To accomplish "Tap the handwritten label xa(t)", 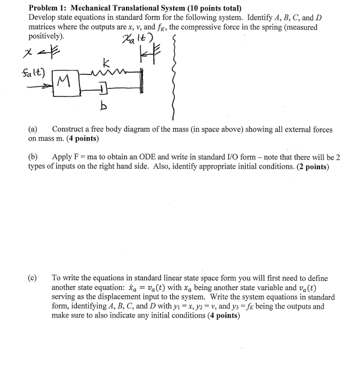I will [137, 40].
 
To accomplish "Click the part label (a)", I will [33, 129].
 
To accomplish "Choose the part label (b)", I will [33, 157].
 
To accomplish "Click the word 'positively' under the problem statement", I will [45, 35].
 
